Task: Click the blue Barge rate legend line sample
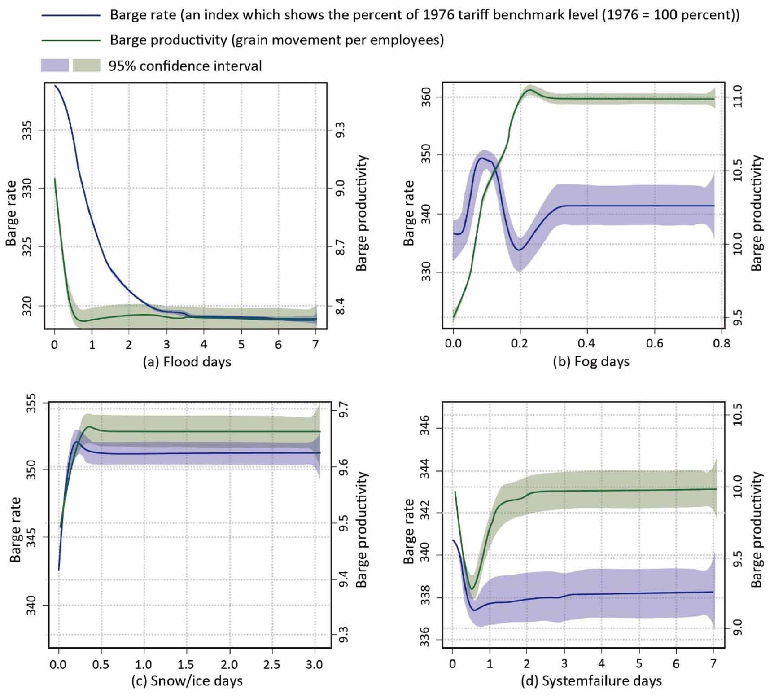coord(70,15)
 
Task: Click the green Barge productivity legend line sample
coord(70,40)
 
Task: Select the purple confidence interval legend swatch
coord(55,66)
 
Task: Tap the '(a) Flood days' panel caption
coord(187,362)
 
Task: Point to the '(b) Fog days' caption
coord(591,362)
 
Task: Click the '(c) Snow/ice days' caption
coord(187,681)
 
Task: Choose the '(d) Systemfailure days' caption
coord(591,681)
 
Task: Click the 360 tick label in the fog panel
coord(426,97)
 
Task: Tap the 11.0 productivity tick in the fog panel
coord(738,97)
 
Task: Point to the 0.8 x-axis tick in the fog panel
coord(721,344)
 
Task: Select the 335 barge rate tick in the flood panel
coord(27,130)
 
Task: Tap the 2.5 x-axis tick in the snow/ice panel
coord(272,664)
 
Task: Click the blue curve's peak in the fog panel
coord(482,158)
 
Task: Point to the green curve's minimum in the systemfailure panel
coord(472,588)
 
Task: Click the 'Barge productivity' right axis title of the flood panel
coord(362,213)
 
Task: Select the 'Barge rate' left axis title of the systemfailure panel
coord(409,531)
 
